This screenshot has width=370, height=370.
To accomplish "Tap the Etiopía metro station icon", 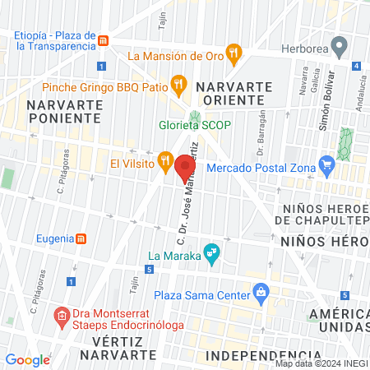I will pos(103,40).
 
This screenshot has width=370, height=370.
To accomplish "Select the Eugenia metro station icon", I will pos(81,239).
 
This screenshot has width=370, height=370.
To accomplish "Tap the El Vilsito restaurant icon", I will pos(164,159).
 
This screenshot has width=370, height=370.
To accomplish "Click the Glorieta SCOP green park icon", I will pos(195,116).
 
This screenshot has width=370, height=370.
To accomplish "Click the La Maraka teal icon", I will pos(211,252).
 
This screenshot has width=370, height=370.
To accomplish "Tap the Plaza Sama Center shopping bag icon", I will pos(261,291).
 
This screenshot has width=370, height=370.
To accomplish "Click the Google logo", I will pos(28,359).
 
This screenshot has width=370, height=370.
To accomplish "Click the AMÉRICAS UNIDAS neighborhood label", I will pos(338,321).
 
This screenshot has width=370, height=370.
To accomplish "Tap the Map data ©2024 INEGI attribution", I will pos(319,363).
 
